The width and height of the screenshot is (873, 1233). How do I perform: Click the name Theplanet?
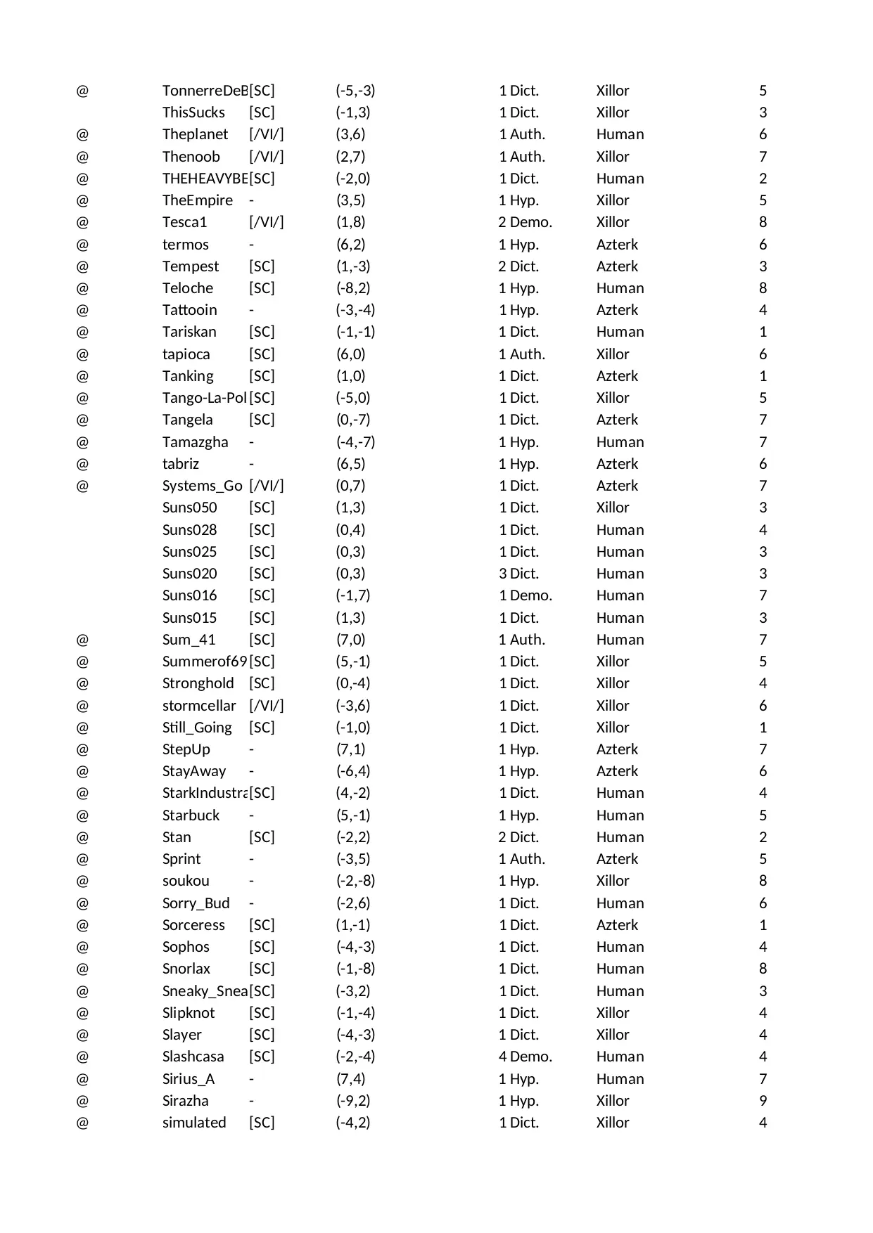tap(195, 134)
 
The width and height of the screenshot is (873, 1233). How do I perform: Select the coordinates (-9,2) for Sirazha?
tap(352, 1101)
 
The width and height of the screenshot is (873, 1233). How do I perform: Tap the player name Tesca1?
tap(184, 222)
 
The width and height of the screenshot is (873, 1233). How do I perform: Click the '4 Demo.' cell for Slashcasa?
tap(525, 1057)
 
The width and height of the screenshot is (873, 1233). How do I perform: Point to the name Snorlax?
tap(186, 969)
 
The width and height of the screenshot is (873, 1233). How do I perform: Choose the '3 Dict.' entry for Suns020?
tap(518, 574)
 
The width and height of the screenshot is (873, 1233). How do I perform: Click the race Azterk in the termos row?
tap(617, 245)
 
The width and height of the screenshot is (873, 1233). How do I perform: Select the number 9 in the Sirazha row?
tap(763, 1101)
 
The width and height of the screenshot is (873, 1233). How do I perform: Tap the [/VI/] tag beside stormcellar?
tap(266, 706)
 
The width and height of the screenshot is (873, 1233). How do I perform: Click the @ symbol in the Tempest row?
tap(82, 266)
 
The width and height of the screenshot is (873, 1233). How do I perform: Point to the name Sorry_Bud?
tap(196, 903)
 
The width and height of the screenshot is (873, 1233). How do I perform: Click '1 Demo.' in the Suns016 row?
tap(525, 595)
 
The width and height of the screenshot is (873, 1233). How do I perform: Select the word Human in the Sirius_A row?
tap(620, 1079)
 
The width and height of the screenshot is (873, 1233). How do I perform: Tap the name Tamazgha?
tap(195, 442)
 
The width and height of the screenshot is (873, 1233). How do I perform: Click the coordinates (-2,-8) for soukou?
tap(355, 881)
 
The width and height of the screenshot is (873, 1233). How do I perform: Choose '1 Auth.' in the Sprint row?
tap(521, 859)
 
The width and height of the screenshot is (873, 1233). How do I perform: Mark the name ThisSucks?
tap(193, 112)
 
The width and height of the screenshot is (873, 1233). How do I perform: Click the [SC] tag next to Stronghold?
tap(262, 683)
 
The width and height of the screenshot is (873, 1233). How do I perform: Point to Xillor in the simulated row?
tap(612, 1123)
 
